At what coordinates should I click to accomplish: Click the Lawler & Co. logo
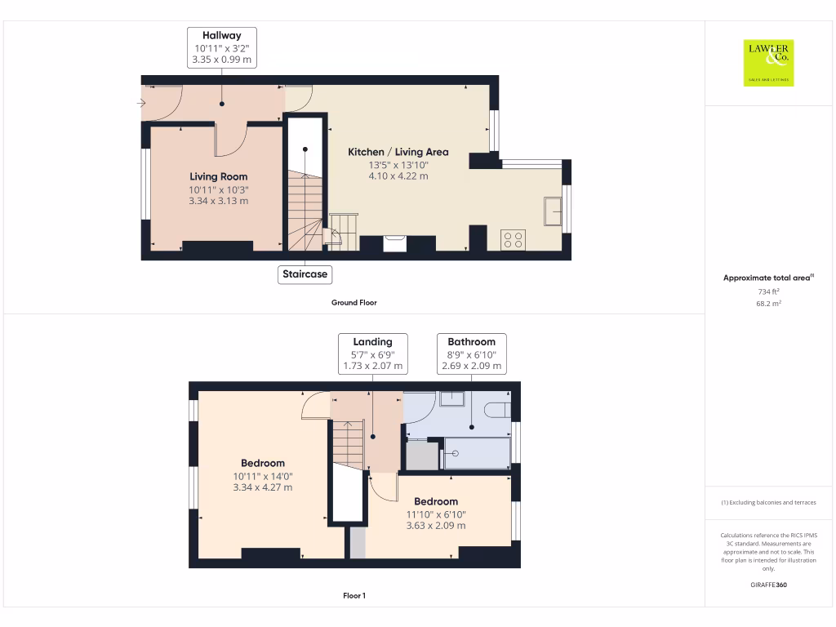click(768, 63)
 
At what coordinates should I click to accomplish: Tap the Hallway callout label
click(221, 47)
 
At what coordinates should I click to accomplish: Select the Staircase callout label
click(305, 274)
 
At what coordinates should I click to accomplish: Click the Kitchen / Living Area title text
click(398, 152)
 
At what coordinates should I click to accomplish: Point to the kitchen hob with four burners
click(513, 239)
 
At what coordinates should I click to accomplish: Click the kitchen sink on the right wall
click(553, 211)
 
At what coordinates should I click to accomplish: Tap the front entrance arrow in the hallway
click(141, 103)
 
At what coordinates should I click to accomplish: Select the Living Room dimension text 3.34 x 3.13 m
click(218, 201)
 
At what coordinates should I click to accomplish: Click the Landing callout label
click(372, 354)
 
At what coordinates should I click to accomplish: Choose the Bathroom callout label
click(471, 354)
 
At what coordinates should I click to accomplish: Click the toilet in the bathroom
click(496, 409)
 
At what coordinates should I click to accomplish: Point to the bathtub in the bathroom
click(477, 453)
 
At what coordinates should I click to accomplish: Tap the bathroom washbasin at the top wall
click(451, 398)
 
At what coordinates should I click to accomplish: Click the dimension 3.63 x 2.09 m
click(436, 526)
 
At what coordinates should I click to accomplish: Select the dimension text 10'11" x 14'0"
click(262, 476)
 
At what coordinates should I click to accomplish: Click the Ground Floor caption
click(354, 302)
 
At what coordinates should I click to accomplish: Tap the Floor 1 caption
click(354, 596)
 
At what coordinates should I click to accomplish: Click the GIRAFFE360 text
click(767, 585)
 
